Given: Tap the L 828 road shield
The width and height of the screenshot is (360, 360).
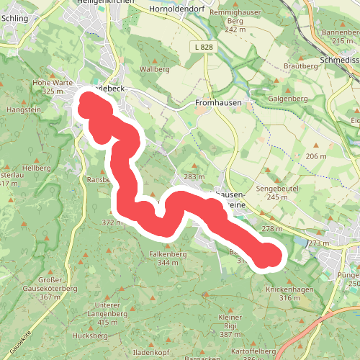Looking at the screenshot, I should (204, 47).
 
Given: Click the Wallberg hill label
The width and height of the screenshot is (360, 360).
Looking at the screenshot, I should (154, 69).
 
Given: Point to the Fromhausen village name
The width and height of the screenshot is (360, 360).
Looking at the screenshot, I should (217, 103).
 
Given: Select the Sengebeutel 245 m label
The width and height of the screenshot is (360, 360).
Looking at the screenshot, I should (262, 192).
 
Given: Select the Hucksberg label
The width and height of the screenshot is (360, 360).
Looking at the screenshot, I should (80, 336).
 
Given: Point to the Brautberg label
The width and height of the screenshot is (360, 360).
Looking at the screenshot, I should (300, 66).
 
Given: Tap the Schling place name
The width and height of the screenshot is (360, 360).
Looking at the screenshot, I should (14, 18).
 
